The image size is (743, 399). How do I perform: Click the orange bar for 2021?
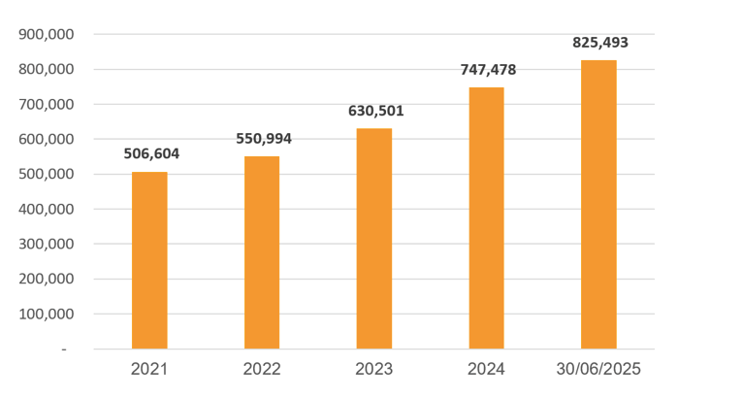coord(149,260)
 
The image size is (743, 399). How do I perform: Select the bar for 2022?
coord(262,252)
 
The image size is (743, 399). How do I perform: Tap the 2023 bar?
coord(374,239)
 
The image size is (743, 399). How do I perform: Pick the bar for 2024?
coord(486,218)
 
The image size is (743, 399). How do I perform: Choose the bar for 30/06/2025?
coord(598,205)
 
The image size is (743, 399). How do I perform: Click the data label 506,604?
coord(151,153)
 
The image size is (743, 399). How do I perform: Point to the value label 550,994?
coord(264,138)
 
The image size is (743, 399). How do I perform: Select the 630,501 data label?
coord(376,111)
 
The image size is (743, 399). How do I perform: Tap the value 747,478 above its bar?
coord(488,70)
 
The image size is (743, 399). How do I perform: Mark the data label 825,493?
coord(600,43)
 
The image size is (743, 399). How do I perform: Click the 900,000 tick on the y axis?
coord(48,35)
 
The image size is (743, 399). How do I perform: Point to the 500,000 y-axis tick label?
coord(48,175)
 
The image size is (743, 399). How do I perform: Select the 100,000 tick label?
coord(48,315)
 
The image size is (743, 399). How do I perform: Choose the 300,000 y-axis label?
coord(48,245)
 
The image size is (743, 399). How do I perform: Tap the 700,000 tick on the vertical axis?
coord(48,105)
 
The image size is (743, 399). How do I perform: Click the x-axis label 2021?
coord(149,370)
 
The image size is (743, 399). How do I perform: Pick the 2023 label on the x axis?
coord(374,370)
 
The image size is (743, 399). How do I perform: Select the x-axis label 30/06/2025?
coord(598,370)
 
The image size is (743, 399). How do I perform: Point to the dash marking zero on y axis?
coord(64,349)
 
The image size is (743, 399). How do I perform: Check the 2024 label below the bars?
coord(486,370)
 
